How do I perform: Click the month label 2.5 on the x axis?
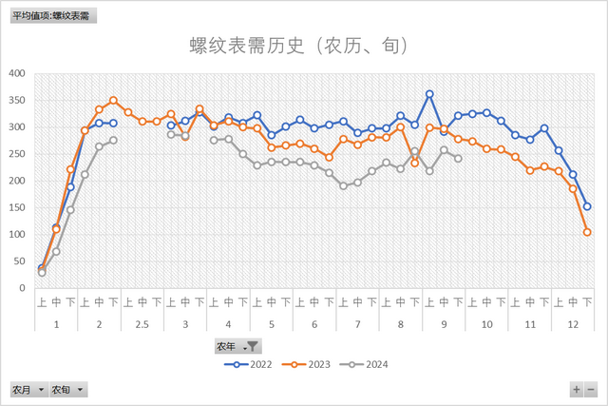142,324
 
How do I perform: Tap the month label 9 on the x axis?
444,324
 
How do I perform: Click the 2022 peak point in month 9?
429,94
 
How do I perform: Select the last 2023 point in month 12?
587,232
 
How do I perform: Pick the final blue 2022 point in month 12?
587,206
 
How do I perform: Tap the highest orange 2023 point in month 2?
113,100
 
